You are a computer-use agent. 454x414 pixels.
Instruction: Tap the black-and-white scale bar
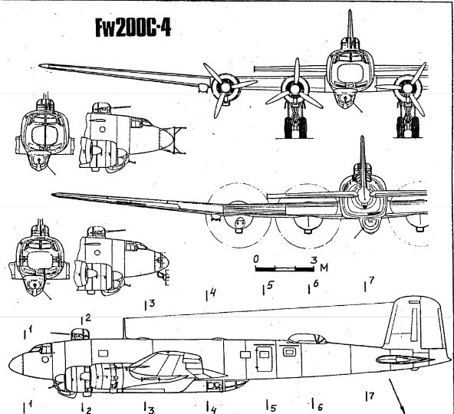point(284,269)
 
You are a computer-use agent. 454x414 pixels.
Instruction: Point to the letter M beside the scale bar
point(324,268)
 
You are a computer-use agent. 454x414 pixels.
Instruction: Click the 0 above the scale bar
point(255,258)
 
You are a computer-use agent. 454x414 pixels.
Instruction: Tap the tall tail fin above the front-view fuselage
point(350,28)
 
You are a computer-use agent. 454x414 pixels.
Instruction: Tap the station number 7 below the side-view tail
point(371,396)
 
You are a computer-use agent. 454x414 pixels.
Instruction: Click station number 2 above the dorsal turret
point(87,317)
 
